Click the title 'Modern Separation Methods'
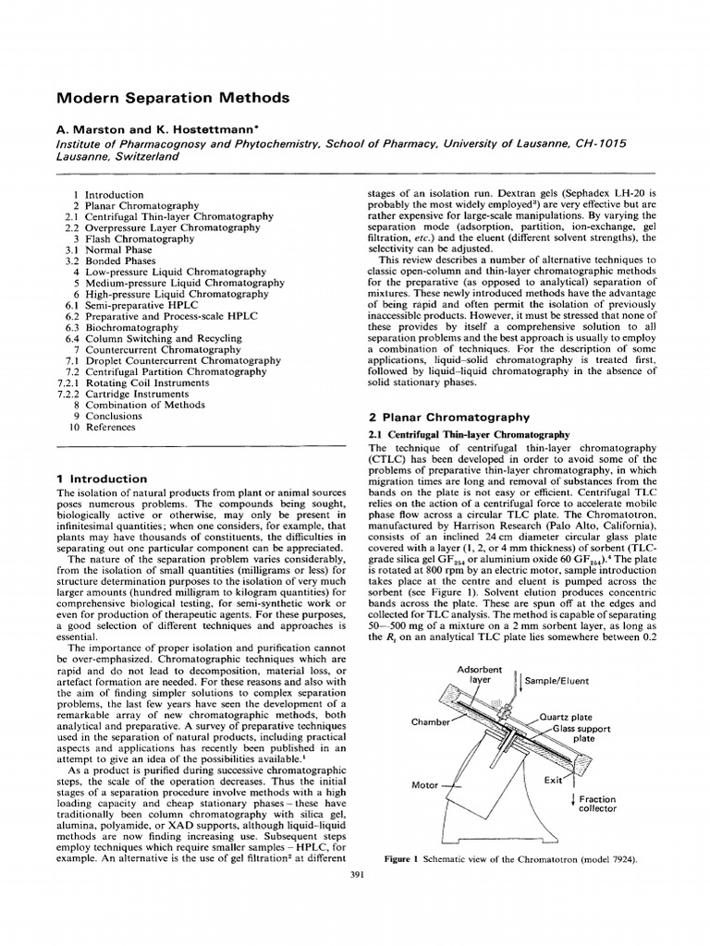pos(173,97)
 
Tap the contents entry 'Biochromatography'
pos(131,327)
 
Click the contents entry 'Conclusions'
pos(121,416)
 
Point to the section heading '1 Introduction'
pos(101,479)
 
